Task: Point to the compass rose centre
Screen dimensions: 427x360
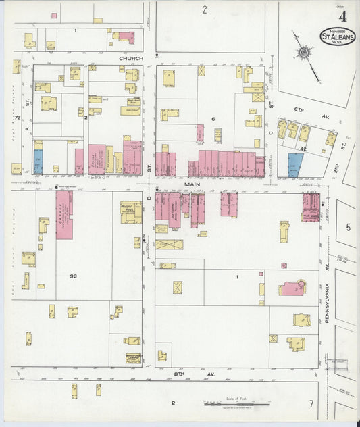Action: pos(305,52)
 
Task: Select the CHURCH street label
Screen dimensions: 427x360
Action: pos(131,59)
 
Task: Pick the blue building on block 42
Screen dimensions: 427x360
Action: pos(294,165)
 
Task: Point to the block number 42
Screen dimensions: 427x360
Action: pos(303,149)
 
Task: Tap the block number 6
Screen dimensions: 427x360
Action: pos(212,119)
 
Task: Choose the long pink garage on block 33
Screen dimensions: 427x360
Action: pos(64,214)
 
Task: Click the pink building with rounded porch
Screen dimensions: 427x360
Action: pos(292,288)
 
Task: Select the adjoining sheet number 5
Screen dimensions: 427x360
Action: pos(348,227)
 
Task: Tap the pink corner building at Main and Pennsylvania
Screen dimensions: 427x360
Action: pos(310,207)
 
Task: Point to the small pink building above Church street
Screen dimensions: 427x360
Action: pos(125,37)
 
